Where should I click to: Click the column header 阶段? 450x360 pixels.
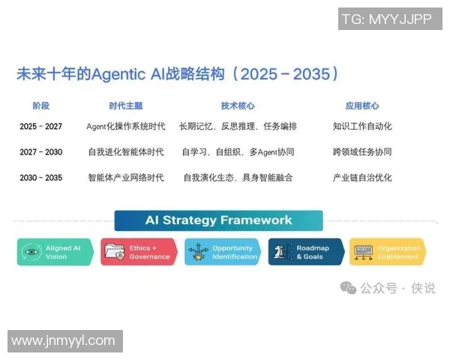[40, 106]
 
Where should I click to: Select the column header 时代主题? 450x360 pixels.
[125, 106]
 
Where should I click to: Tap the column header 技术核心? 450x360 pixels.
[237, 106]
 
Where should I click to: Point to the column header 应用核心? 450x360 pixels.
[362, 106]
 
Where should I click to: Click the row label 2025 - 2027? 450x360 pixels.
[40, 127]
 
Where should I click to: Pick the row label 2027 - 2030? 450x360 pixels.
[40, 152]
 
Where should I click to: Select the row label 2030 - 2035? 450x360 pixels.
[40, 178]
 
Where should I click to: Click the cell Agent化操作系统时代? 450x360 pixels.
[125, 127]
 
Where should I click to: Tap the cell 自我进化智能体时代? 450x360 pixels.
[125, 152]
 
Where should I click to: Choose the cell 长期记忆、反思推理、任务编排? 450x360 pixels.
[238, 127]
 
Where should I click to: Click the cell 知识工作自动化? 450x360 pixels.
[362, 127]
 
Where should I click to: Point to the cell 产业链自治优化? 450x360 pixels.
[362, 178]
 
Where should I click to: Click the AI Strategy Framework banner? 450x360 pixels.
[218, 220]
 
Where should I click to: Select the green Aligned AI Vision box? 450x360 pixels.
[55, 252]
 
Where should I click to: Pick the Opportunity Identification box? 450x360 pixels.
[223, 252]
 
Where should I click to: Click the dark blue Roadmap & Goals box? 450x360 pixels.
[306, 252]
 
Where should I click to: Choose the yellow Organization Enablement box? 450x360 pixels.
[387, 252]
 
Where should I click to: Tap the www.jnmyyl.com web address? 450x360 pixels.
[64, 341]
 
